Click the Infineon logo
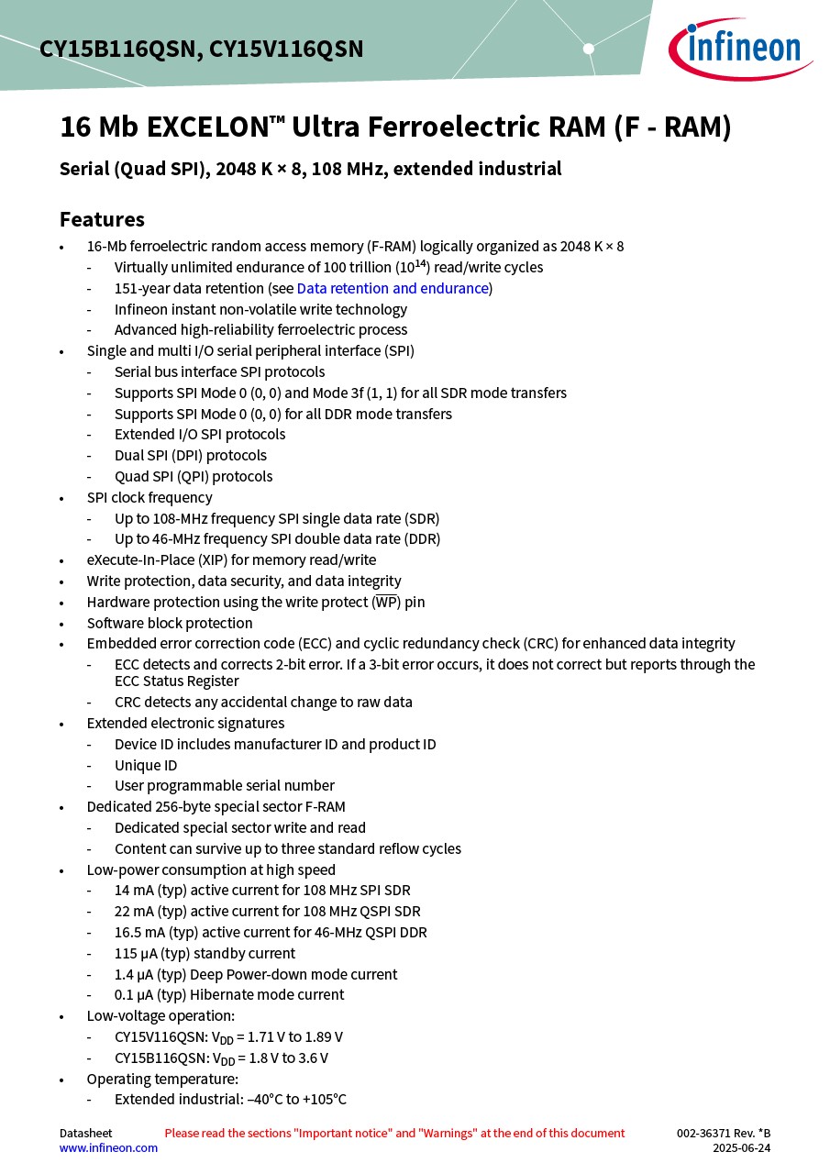739,50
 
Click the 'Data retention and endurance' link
393,288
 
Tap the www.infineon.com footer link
108,1147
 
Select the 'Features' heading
102,219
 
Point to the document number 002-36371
709,1134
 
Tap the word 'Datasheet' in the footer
85,1134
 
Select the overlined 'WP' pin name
386,603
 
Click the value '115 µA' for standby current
134,953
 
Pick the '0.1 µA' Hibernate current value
134,994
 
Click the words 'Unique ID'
146,765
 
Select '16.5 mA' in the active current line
136,932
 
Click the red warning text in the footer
394,1134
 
